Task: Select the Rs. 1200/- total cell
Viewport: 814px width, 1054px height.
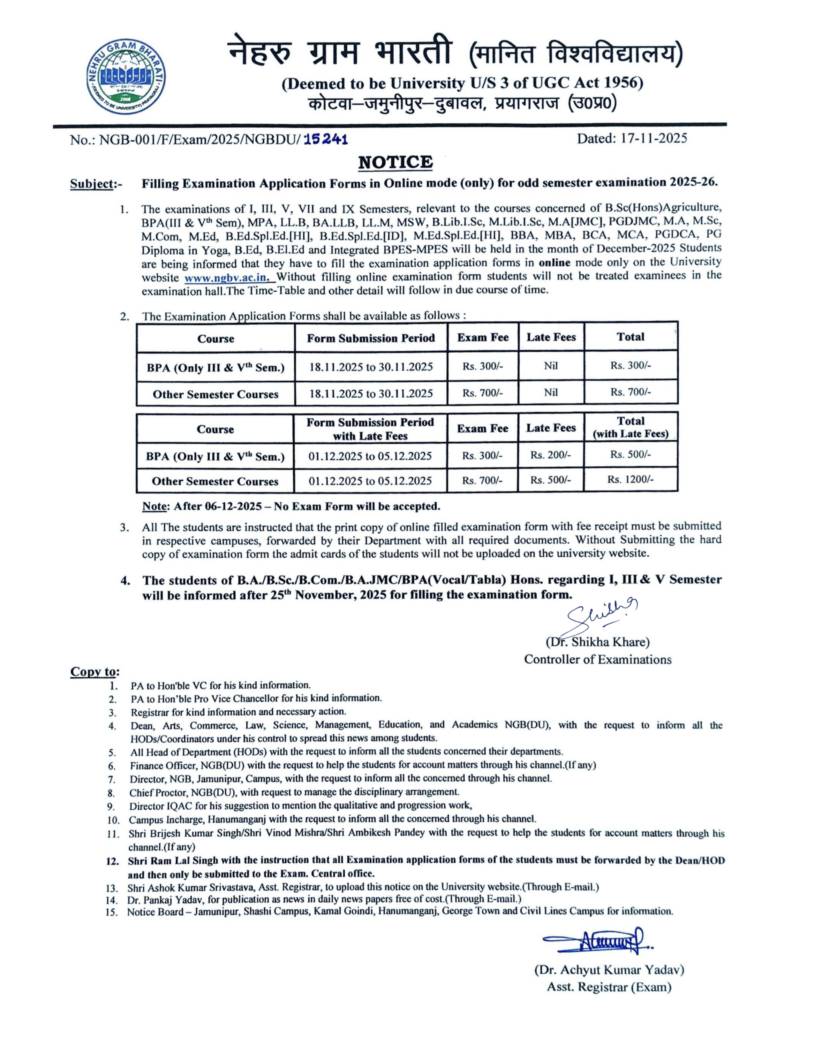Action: tap(630, 480)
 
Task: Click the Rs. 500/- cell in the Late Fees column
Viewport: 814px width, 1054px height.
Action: tap(550, 480)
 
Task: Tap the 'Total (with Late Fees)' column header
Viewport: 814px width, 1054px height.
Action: tap(630, 427)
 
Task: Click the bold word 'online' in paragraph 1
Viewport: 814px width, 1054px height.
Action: tap(554, 263)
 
